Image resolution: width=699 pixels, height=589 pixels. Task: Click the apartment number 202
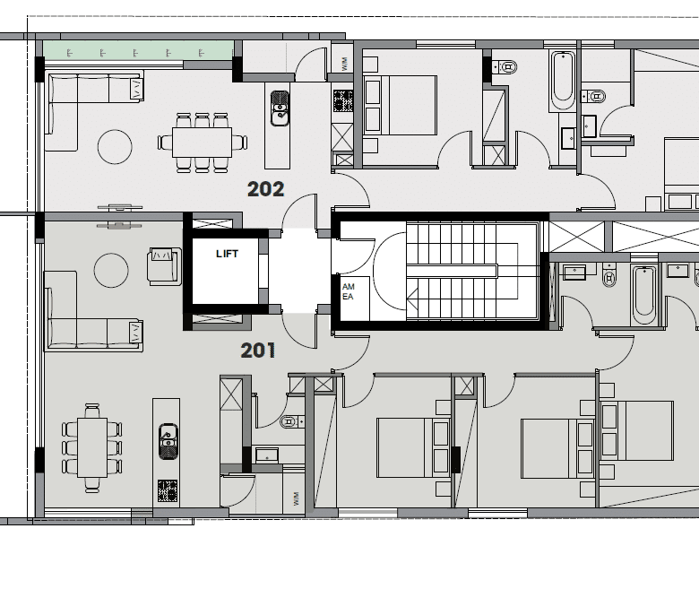(265, 189)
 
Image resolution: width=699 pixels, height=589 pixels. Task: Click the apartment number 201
(258, 351)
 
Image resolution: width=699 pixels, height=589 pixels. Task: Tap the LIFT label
(228, 254)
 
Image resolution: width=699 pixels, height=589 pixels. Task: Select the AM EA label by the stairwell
(349, 291)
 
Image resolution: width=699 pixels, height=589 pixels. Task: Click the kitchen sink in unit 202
(280, 108)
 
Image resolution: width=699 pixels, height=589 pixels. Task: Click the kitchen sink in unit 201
(168, 441)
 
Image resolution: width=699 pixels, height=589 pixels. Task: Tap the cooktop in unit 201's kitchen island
(168, 490)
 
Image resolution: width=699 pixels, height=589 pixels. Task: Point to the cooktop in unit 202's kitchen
(343, 100)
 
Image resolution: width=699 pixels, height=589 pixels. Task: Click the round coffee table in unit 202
(115, 146)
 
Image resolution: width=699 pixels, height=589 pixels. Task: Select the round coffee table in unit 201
(111, 270)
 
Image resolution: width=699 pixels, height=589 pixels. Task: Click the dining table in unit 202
(202, 143)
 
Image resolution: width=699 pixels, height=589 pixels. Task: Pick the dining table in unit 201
(92, 447)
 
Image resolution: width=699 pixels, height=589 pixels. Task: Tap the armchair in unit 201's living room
(164, 266)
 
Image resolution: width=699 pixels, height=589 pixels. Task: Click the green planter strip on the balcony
(138, 50)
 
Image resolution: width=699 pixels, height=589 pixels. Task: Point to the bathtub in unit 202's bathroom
(563, 81)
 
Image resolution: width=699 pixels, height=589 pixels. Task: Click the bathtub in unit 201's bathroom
(644, 295)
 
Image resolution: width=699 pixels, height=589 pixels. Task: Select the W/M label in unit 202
(344, 64)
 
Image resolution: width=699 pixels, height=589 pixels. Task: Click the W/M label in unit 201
(297, 498)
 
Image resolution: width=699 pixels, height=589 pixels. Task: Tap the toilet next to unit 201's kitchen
(291, 420)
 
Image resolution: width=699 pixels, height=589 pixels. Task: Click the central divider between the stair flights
(452, 271)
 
